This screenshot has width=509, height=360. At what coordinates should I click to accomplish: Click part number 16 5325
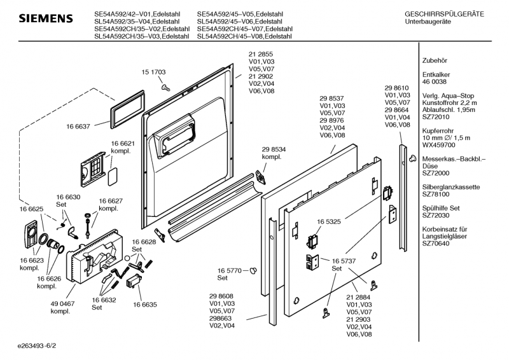(329, 222)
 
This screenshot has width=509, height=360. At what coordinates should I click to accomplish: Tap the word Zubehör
(435, 61)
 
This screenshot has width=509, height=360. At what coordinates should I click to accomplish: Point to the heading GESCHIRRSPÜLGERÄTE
(444, 14)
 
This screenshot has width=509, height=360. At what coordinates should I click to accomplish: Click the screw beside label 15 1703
(165, 87)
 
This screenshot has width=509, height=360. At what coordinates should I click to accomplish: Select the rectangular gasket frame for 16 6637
(122, 109)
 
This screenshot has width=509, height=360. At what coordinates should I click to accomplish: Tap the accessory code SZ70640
(436, 242)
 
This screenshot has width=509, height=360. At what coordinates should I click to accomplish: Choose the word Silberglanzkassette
(451, 187)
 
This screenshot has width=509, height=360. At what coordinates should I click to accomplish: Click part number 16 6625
(31, 209)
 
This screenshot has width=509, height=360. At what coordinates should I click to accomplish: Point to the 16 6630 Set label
(68, 201)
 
